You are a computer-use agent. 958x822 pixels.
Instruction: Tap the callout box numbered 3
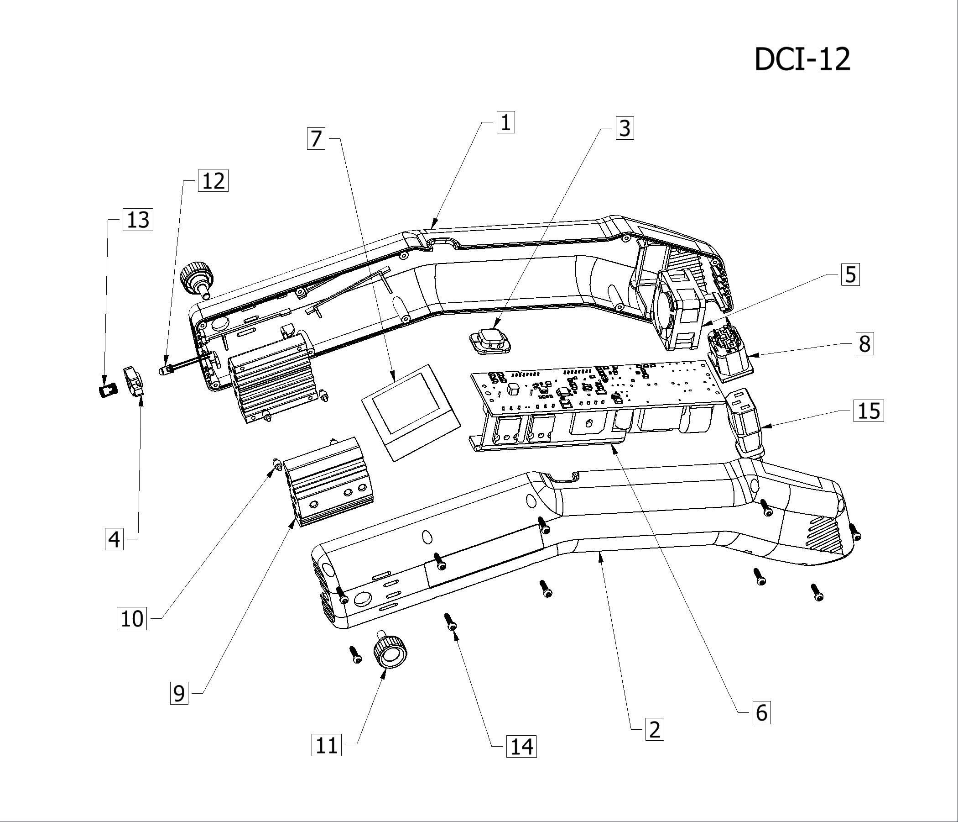coord(625,128)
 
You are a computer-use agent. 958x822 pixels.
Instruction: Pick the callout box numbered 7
coord(316,138)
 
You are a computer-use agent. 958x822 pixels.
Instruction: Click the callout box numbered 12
coord(213,180)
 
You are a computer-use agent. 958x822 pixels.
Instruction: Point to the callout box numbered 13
coord(138,219)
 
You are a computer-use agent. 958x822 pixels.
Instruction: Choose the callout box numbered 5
coord(850,274)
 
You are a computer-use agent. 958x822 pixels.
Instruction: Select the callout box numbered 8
coord(864,343)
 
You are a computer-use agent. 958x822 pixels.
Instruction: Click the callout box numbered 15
coord(868,411)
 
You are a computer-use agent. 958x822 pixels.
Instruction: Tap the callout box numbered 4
coord(114,539)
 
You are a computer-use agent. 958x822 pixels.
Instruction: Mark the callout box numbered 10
coord(132,618)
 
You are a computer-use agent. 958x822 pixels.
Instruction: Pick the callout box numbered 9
coord(179,693)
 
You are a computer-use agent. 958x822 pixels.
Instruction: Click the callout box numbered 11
coord(327,745)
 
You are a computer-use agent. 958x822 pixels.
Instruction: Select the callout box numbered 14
coord(521,746)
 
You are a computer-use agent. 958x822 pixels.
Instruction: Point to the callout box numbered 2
coord(654,729)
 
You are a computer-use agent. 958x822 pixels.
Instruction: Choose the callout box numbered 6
coord(761,712)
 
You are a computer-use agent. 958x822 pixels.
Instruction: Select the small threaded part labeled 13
coord(108,390)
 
